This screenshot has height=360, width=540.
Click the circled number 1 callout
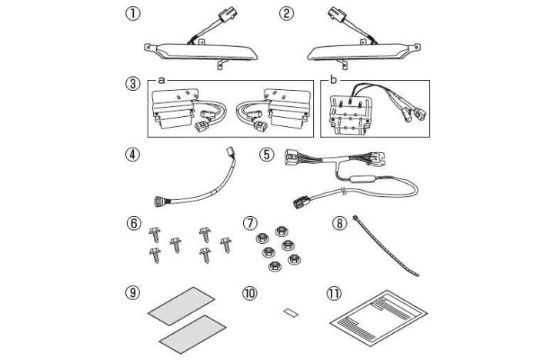pos(132,14)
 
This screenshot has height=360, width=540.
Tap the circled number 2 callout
pos(286,14)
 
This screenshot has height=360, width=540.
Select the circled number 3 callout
pos(132,84)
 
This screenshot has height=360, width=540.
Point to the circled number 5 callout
pos(267,155)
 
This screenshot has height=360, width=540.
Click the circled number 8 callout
pos(339,223)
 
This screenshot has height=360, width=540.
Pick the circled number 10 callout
pos(250,293)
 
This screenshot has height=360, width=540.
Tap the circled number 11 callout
pos(334,293)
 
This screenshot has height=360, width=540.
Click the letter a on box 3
pos(162,81)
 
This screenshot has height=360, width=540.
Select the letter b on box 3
pos(332,80)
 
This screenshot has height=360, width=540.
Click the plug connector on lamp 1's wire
pos(227,15)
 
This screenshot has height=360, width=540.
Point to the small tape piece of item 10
pos(291,313)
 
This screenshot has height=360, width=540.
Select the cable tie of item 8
pos(385,246)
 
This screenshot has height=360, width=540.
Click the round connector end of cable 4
pos(159,201)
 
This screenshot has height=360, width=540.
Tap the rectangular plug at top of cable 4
pos(230,152)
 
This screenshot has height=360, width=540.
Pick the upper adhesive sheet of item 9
pos(182,306)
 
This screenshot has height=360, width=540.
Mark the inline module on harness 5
pos(362,179)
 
